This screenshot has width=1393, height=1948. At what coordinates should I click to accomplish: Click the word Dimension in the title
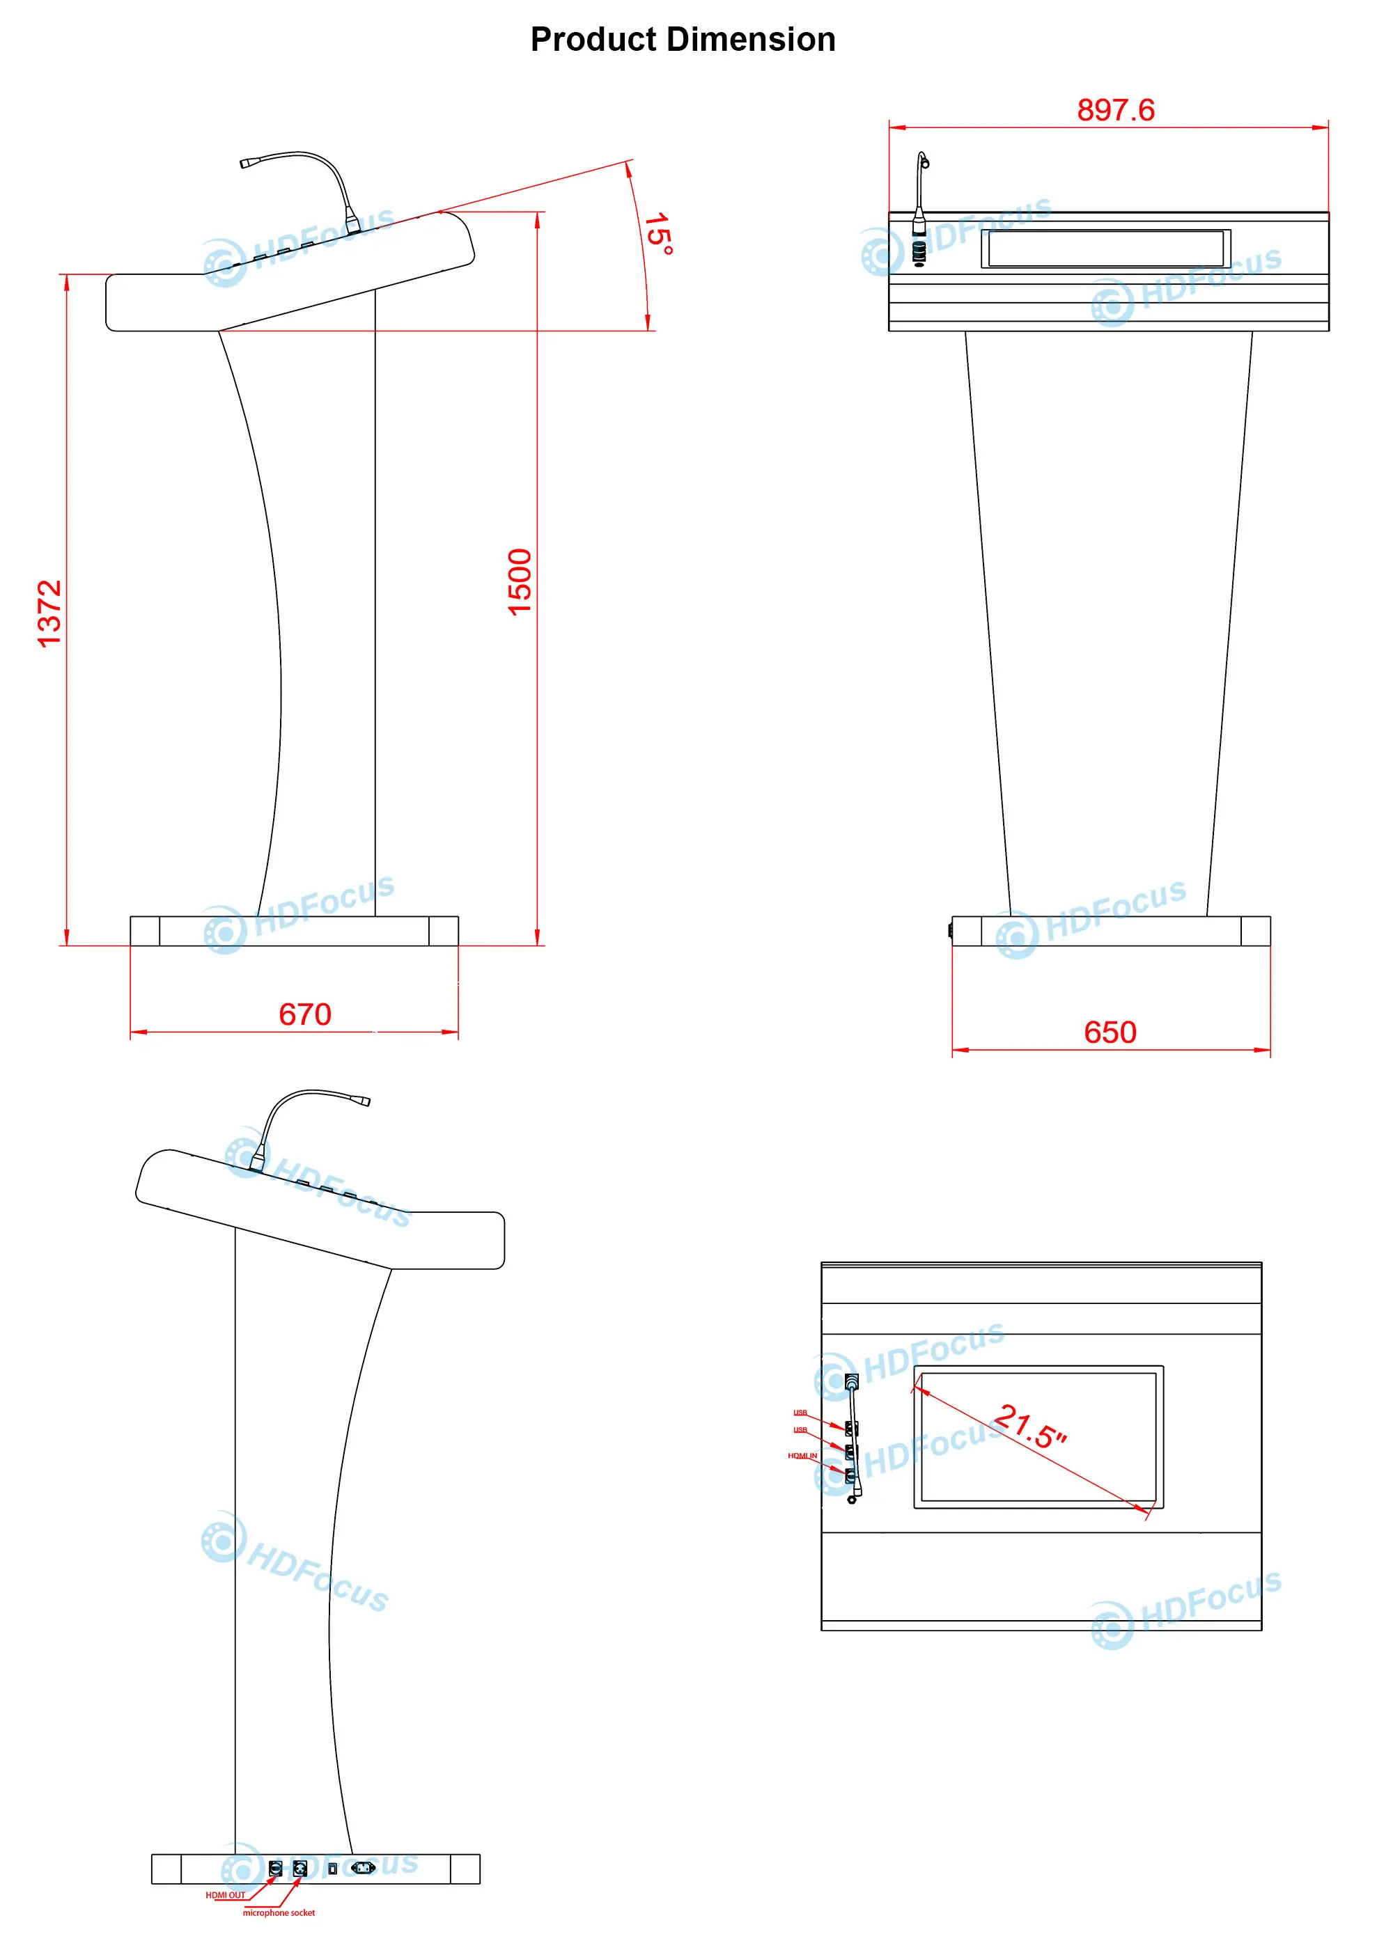pos(751,40)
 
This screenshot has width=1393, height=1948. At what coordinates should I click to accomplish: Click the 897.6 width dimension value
pos(1115,110)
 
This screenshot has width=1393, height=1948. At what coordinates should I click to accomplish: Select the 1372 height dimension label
pos(49,613)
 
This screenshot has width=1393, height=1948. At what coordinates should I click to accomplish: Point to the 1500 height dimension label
pos(520,581)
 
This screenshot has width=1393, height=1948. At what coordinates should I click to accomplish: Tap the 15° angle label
pos(659,233)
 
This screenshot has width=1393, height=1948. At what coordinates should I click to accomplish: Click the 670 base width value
pos(304,1014)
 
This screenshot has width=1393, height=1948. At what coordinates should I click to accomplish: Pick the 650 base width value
pos(1110,1032)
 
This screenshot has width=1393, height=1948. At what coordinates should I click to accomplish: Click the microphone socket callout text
pos(279,1912)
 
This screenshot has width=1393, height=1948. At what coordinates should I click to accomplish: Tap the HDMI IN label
pos(802,1456)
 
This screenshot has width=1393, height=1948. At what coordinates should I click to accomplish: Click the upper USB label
pos(800,1412)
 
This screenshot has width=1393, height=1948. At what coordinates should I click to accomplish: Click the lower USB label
pos(800,1429)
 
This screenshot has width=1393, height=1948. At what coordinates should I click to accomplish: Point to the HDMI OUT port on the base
pos(275,1868)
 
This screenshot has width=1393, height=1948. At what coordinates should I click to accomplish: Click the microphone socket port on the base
pos(299,1868)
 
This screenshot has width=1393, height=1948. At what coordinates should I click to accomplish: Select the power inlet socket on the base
pos(363,1867)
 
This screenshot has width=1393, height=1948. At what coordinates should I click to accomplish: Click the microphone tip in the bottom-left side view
pos(364,1101)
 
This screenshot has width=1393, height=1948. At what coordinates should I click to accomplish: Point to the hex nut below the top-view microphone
pos(852,1500)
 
